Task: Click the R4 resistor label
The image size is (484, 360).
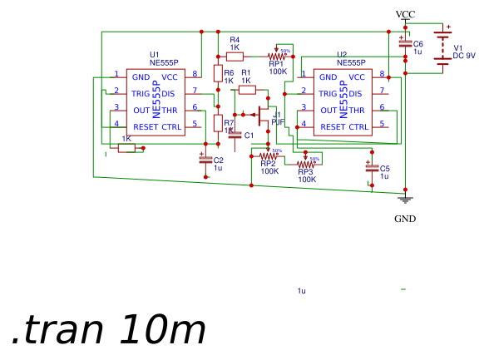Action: (235, 40)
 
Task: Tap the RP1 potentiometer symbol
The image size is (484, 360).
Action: (277, 57)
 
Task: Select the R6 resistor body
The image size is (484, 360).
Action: (218, 74)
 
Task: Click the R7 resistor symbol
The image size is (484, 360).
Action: (218, 124)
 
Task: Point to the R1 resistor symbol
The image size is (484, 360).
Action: (246, 89)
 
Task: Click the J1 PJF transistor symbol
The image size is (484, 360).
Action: (264, 115)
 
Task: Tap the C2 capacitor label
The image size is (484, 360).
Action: (219, 160)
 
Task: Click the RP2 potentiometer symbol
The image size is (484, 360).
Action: (268, 155)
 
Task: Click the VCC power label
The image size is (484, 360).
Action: (405, 14)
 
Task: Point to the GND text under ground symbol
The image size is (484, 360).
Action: (405, 219)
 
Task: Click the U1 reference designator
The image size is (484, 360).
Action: (154, 54)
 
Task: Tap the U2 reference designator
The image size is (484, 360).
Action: (341, 54)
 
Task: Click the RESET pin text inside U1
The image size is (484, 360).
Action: (145, 127)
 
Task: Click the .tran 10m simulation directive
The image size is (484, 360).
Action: (108, 331)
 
